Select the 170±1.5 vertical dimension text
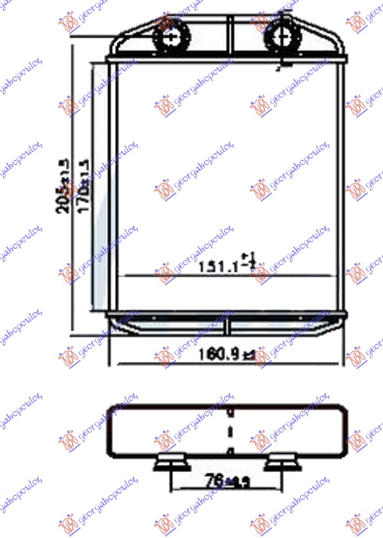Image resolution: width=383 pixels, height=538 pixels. click(84, 187)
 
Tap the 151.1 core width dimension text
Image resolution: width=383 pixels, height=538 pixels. click(227, 267)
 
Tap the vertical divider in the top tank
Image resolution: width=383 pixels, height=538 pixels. click(231, 36)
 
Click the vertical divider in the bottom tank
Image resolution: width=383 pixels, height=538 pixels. click(230, 326)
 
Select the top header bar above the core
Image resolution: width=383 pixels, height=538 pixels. click(227, 59)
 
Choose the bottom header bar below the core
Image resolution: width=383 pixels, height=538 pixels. click(227, 314)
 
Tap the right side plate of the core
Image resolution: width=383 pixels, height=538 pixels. click(341, 186)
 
